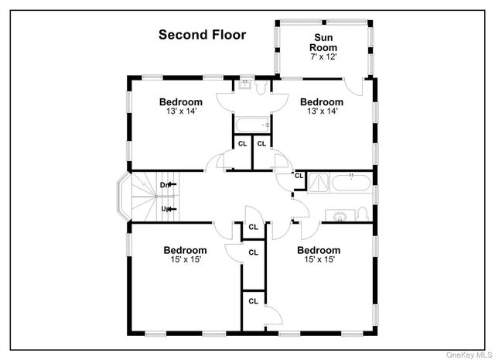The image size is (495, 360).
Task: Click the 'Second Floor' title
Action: point(202,34)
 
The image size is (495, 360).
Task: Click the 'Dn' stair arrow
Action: point(166,185)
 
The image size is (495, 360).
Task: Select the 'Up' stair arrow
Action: point(166,208)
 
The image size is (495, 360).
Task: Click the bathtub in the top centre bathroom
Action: point(251,124)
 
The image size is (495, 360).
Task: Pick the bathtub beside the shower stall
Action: point(353,183)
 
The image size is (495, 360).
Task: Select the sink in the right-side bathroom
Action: point(340,216)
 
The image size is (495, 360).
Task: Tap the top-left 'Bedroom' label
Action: point(181,101)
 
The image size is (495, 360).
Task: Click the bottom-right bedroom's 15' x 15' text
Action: point(319,261)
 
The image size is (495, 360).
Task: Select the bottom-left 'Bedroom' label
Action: point(185,250)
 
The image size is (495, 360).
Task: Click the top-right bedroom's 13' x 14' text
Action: point(322,112)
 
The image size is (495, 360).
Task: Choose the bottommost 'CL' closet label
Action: point(253,301)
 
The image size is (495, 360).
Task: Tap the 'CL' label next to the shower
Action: point(298,176)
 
